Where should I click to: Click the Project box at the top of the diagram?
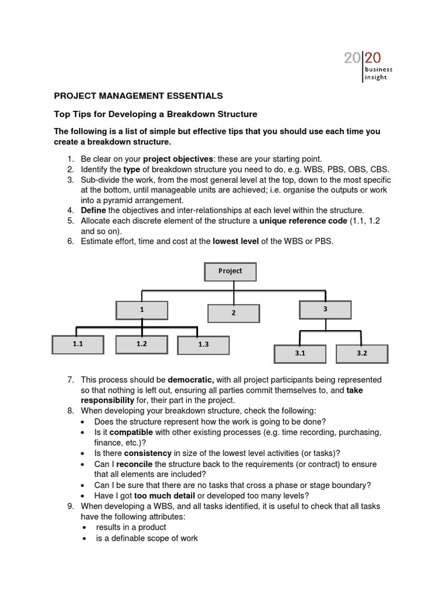[230, 271]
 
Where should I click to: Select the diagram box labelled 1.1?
[78, 344]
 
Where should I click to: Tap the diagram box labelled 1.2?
[142, 344]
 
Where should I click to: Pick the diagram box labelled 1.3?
[203, 345]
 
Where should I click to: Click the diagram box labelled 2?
[233, 313]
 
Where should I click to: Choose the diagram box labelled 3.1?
[300, 353]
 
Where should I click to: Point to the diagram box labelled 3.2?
[362, 353]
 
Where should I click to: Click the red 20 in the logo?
[372, 57]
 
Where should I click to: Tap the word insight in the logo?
[375, 77]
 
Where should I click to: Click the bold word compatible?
[131, 432]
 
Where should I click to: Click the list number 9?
[70, 506]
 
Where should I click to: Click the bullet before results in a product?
[84, 527]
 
